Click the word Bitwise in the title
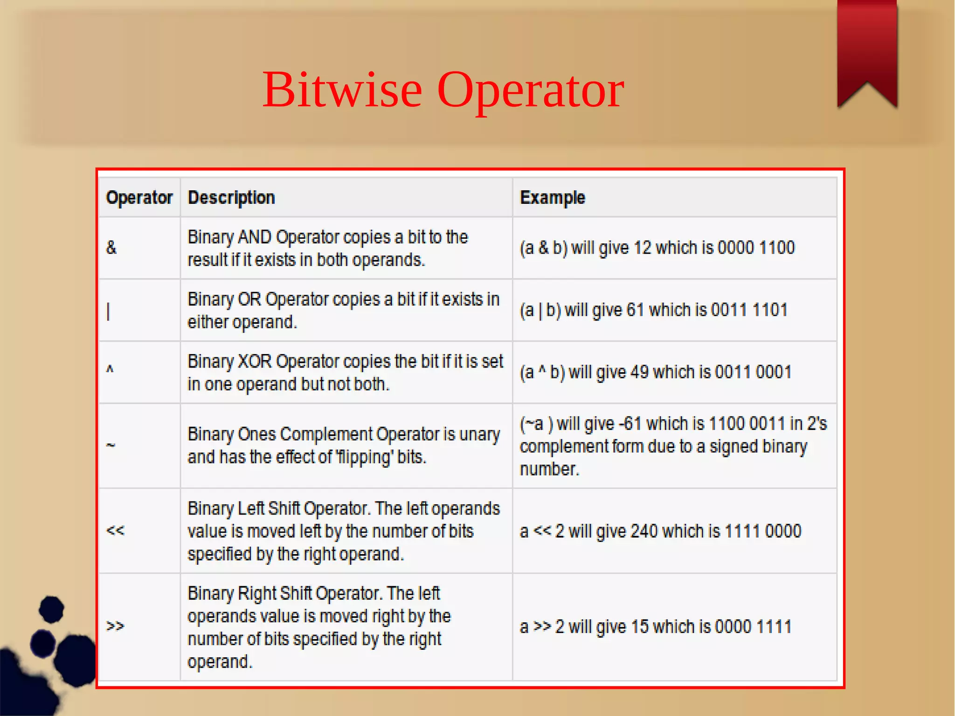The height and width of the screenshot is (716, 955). point(342,90)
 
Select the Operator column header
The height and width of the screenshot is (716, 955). point(139,198)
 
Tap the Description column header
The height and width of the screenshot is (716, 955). point(231,198)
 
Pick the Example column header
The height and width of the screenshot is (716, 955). point(552,198)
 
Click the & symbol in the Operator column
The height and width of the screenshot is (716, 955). point(111,248)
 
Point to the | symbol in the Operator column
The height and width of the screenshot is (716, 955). point(108,311)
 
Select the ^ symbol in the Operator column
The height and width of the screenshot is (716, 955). point(110,370)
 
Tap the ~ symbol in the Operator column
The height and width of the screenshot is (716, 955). point(111,445)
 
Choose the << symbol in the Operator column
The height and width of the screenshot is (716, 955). point(115,531)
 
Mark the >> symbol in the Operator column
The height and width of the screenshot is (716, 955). point(115,626)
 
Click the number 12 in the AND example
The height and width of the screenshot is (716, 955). point(642,248)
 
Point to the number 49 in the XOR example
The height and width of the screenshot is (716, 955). point(639,372)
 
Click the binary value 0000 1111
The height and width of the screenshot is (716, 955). point(753,627)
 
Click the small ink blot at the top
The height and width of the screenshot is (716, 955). point(51,609)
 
